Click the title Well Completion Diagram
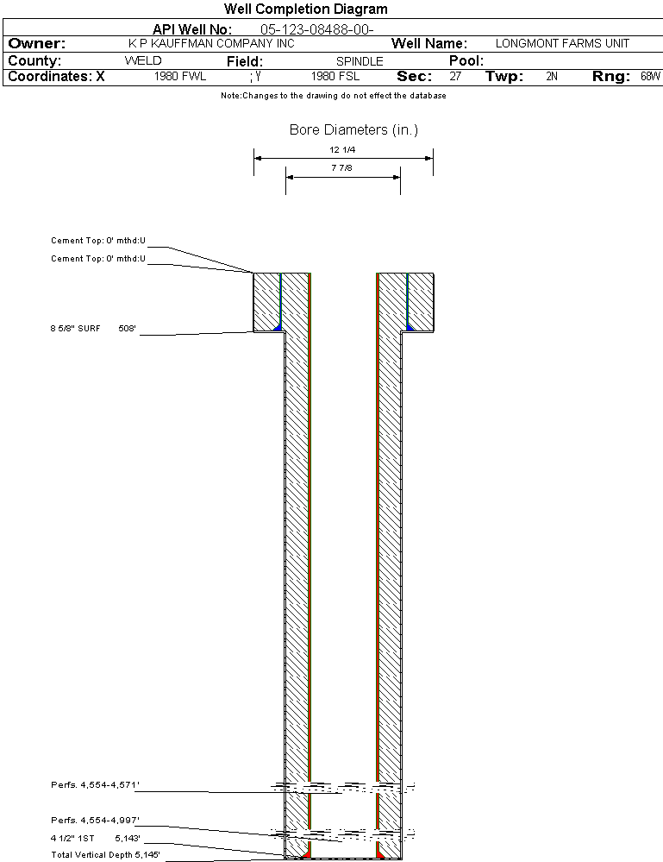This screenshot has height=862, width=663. [305, 9]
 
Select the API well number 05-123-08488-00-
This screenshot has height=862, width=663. [317, 29]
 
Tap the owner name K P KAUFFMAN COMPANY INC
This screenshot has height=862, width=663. [211, 43]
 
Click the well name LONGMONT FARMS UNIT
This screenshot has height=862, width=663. [562, 43]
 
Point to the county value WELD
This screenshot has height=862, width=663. [143, 60]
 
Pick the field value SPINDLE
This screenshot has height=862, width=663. [360, 61]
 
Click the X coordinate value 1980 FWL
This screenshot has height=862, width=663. [180, 77]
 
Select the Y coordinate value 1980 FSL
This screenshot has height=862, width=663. [335, 77]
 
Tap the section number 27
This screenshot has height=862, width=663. [455, 77]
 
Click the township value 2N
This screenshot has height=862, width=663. [552, 77]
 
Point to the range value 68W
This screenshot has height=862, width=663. [650, 77]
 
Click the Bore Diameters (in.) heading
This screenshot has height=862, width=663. [353, 129]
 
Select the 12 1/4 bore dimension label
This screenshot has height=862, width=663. [342, 149]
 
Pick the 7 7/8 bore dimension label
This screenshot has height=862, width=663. [341, 167]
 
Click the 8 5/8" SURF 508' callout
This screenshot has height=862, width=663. [93, 329]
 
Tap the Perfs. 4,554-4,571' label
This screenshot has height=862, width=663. [95, 785]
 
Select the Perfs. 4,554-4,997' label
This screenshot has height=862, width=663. [95, 821]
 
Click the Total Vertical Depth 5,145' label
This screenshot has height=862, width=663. [105, 855]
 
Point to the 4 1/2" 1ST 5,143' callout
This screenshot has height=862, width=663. [96, 839]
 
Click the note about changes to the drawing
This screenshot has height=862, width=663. [334, 96]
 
